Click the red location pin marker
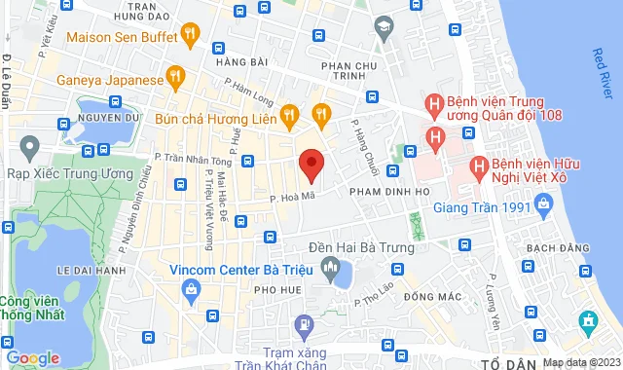[311, 165]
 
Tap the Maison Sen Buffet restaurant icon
[190, 37]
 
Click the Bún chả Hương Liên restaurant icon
[288, 116]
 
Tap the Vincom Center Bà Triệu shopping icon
[192, 288]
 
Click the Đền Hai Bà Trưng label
[360, 247]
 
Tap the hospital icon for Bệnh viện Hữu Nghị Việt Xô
[479, 166]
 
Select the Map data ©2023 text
[581, 362]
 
